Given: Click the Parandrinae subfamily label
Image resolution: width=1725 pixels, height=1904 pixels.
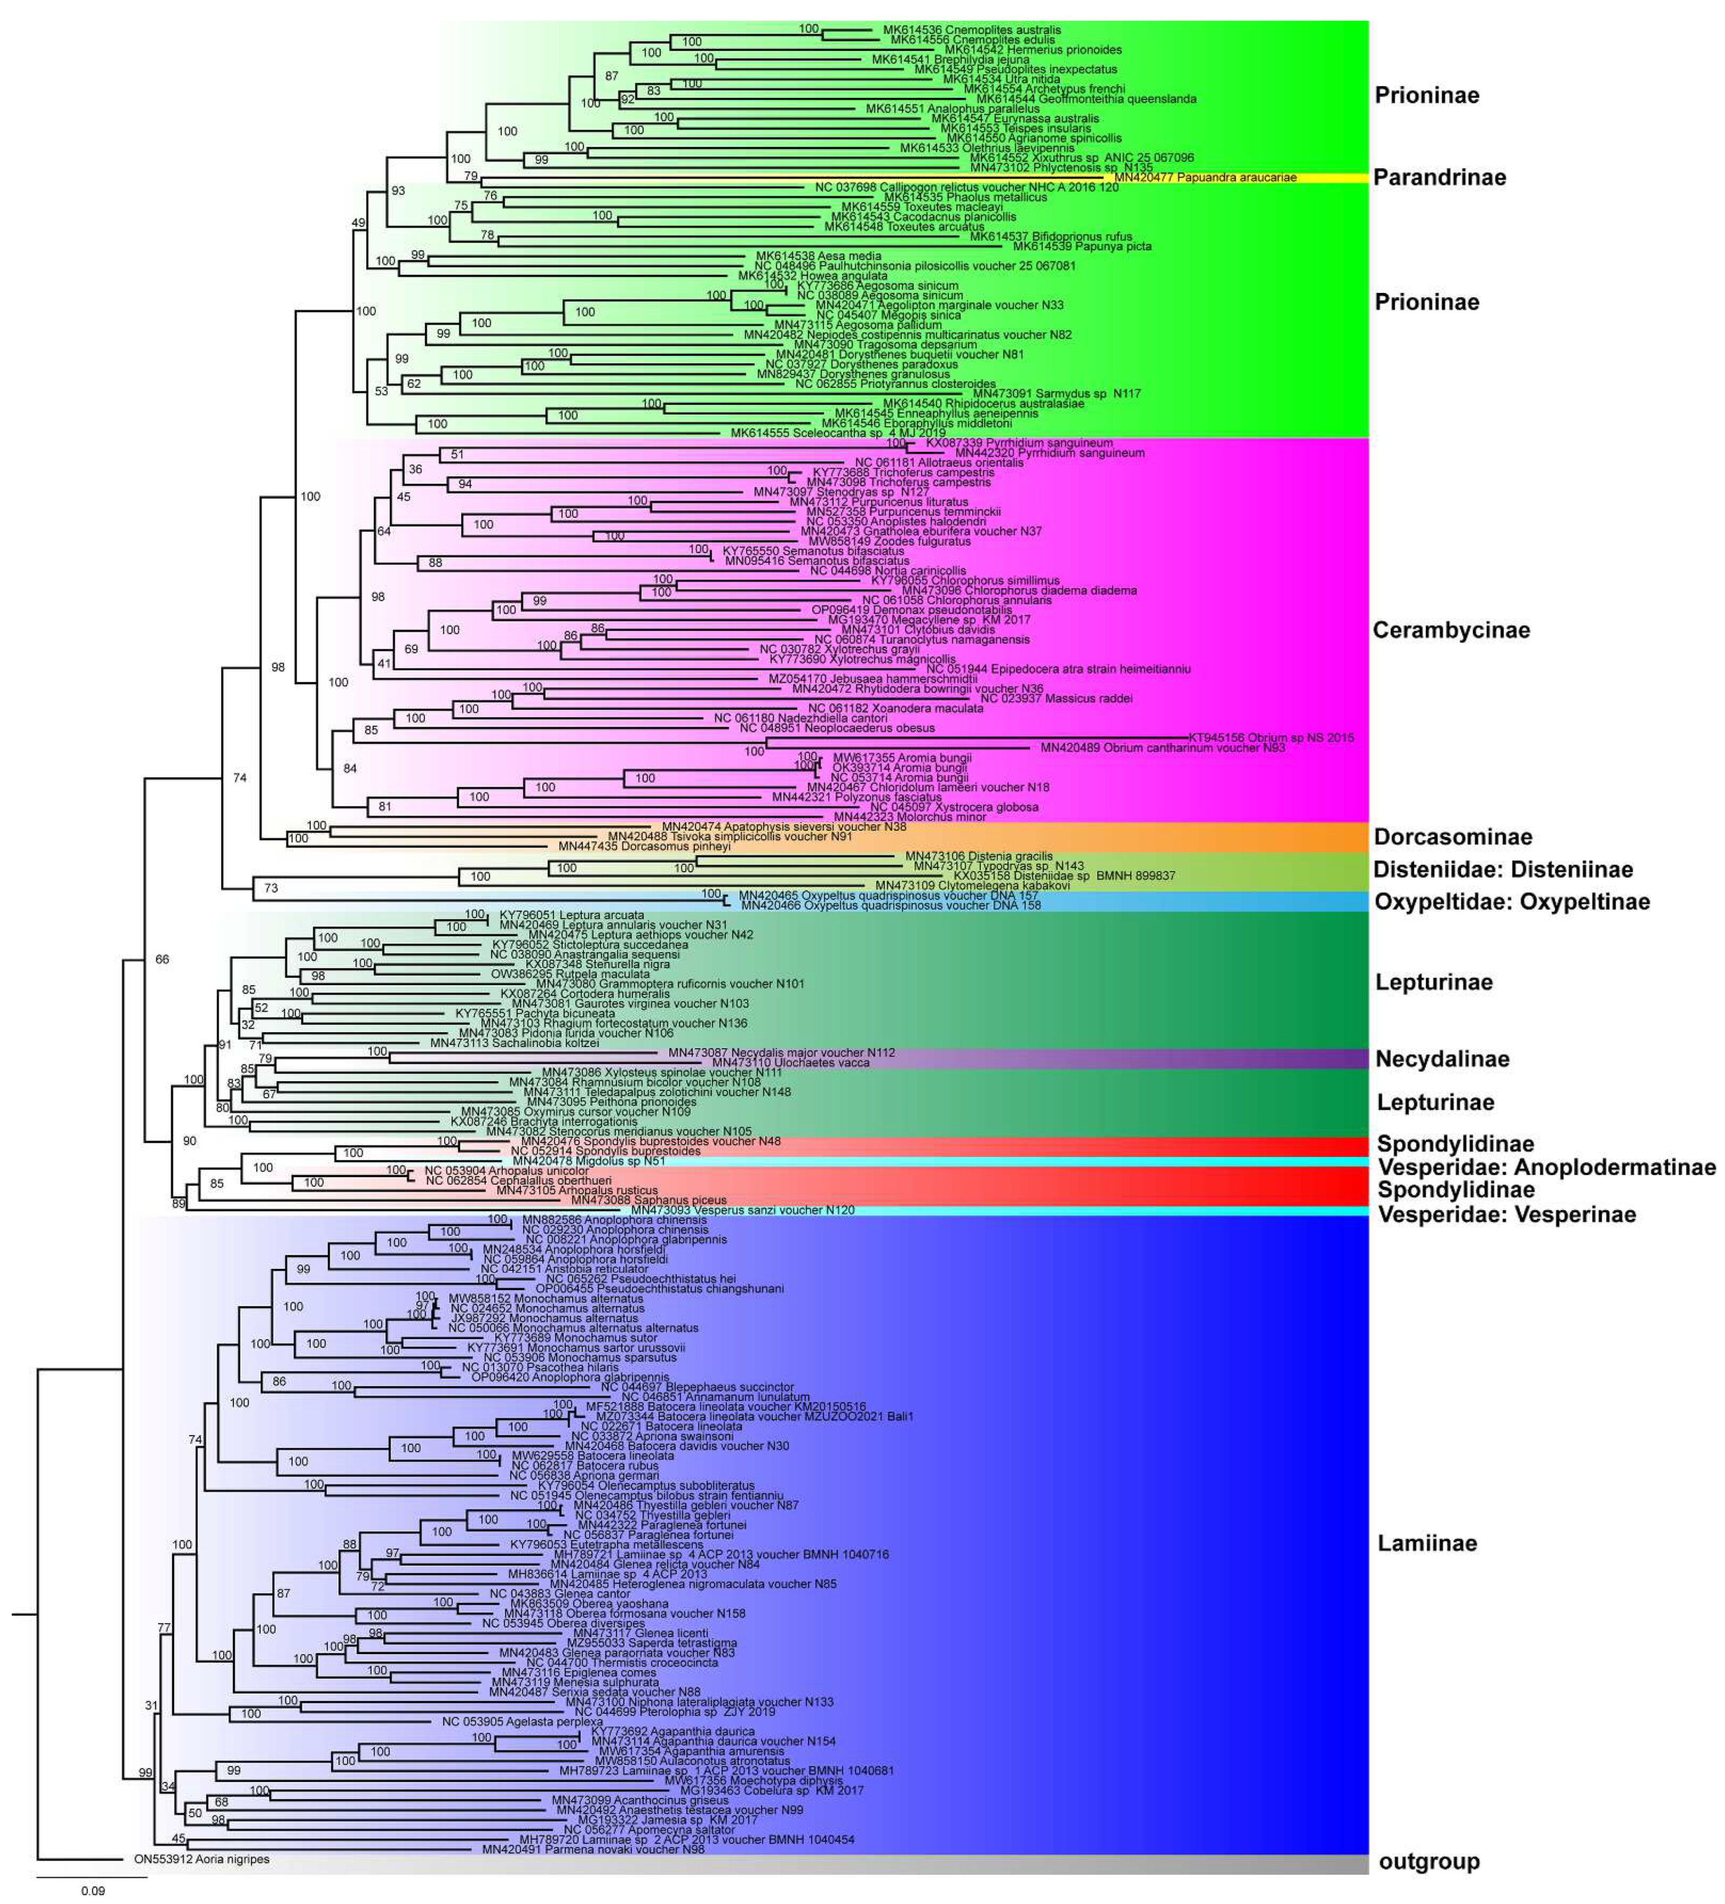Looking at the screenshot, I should (1439, 177).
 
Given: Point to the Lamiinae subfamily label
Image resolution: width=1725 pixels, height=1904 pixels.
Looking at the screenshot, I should (1427, 1543).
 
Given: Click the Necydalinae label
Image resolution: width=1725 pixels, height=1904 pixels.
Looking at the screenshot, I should (1442, 1059).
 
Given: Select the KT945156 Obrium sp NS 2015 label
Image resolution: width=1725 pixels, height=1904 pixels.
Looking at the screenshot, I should (1271, 738).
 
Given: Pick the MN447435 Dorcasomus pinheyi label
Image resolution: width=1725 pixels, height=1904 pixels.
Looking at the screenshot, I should (644, 846).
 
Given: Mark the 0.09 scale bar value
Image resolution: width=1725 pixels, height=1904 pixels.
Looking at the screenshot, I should (92, 1890).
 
